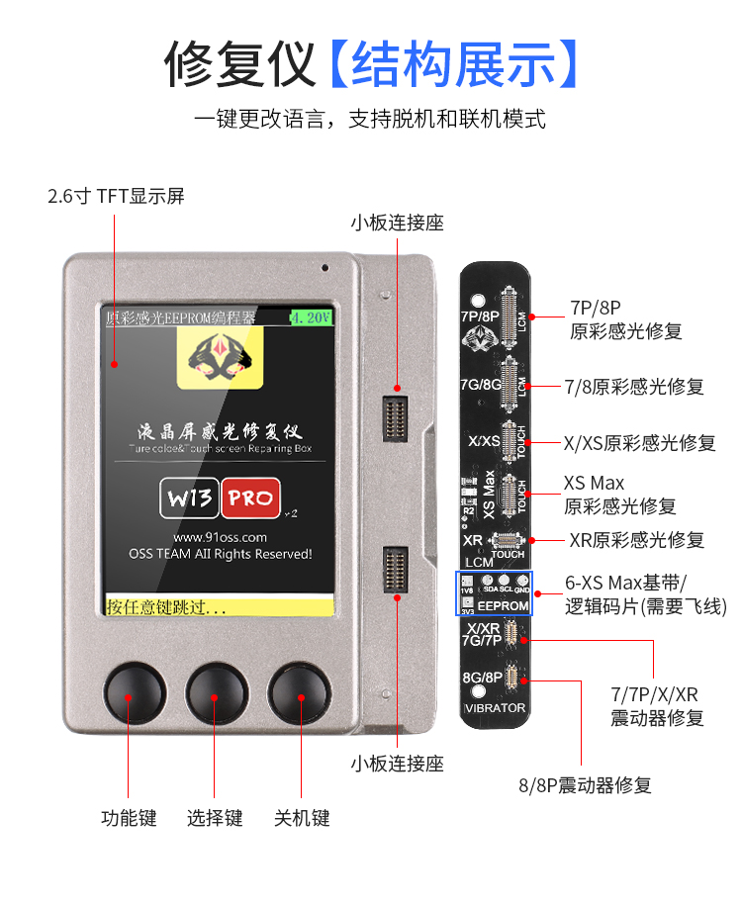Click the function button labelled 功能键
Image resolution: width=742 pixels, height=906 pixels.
click(x=129, y=694)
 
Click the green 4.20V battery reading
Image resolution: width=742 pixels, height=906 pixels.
click(x=311, y=317)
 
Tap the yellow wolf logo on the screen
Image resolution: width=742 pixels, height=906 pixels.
click(x=220, y=356)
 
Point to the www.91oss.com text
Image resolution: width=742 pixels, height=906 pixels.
click(x=220, y=536)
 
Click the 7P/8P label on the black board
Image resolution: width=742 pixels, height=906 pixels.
click(x=480, y=317)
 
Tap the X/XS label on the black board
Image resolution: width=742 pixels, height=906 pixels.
click(x=483, y=441)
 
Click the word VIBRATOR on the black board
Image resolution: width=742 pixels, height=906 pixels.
click(x=494, y=709)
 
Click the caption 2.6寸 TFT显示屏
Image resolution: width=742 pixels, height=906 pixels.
click(x=116, y=196)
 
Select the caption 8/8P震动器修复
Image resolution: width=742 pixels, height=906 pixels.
click(x=586, y=786)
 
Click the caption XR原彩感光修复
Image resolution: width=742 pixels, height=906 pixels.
click(x=636, y=540)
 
